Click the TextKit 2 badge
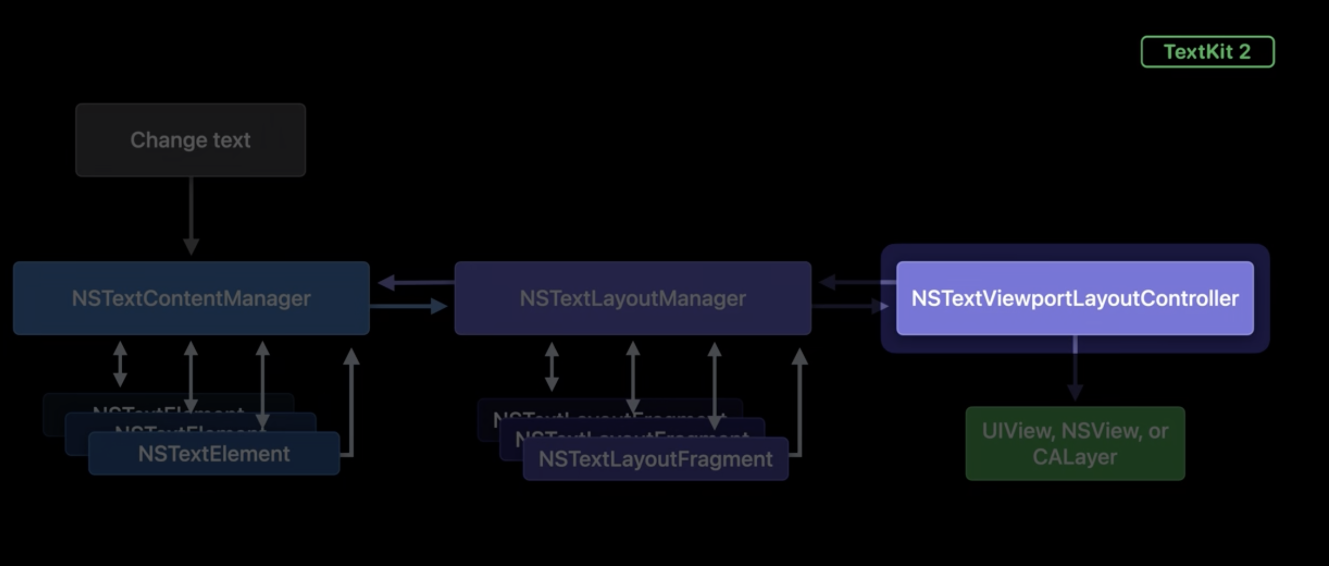tap(1207, 52)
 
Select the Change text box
tap(190, 140)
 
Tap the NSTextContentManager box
tap(191, 298)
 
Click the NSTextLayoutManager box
tap(633, 298)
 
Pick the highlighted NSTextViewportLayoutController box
tap(1075, 298)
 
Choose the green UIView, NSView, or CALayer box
tap(1075, 443)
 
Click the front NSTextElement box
tap(214, 454)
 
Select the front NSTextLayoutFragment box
tap(655, 459)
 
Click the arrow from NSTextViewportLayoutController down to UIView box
tap(1075, 369)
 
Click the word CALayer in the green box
tap(1075, 457)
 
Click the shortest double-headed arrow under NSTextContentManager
tap(120, 364)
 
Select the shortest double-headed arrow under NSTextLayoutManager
tap(551, 367)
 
